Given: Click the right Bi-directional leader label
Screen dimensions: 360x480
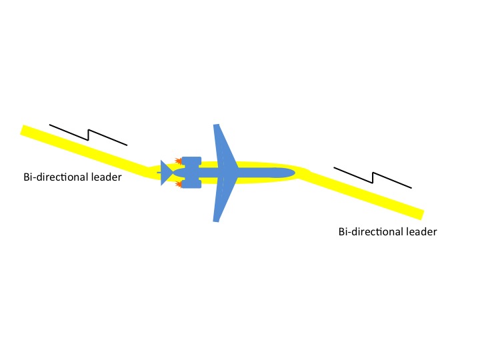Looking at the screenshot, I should click(x=387, y=232).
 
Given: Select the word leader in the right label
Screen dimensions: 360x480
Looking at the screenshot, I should click(x=421, y=232).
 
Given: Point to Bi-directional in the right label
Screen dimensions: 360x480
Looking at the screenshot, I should click(x=371, y=232).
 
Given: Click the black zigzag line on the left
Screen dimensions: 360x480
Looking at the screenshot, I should click(x=88, y=135).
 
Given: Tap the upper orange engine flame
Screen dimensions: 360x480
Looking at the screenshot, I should click(x=178, y=161).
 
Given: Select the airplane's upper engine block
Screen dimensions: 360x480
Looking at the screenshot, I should click(x=191, y=162).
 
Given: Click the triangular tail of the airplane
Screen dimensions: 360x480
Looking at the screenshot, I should click(x=166, y=173).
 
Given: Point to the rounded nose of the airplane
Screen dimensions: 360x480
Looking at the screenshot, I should click(x=291, y=173).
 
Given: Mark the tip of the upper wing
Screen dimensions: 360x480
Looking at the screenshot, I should click(x=216, y=126).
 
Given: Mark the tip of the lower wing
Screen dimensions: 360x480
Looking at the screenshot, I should click(x=216, y=219).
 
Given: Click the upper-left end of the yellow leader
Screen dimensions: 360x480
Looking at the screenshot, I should click(x=25, y=130).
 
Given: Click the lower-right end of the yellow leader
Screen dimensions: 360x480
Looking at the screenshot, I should click(x=420, y=214).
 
